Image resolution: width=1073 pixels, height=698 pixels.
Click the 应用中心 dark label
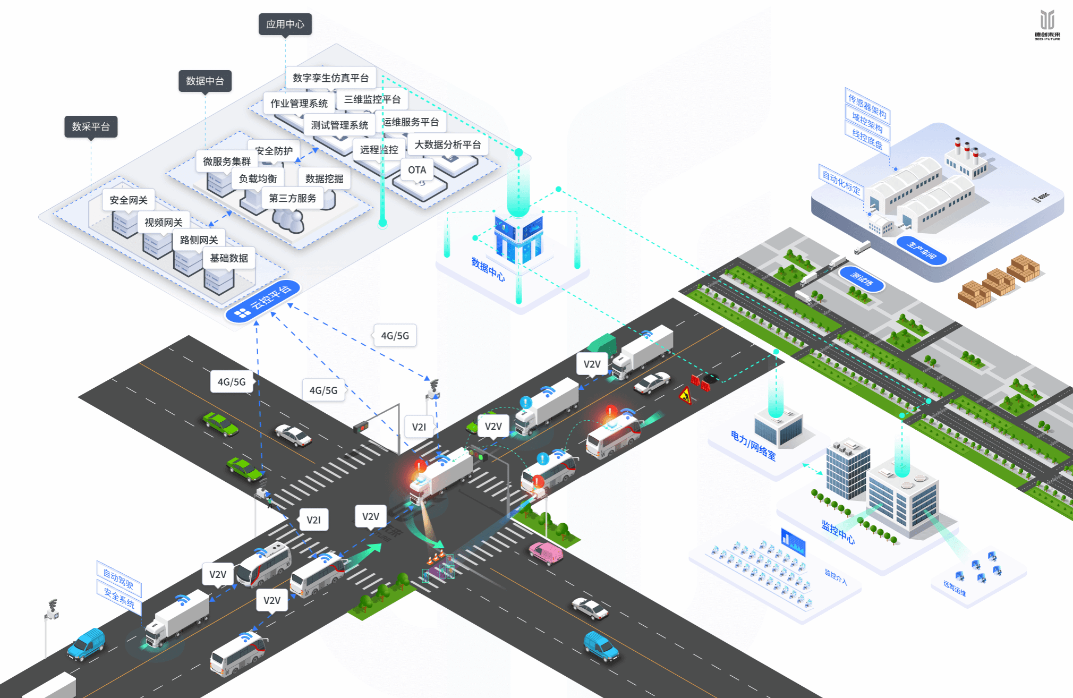pos(285,24)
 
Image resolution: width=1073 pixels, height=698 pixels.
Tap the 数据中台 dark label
pos(205,81)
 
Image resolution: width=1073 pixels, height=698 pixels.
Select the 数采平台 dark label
pos(91,127)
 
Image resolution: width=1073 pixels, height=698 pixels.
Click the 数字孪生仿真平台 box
pos(330,78)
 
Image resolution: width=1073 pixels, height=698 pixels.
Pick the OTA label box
pos(417,170)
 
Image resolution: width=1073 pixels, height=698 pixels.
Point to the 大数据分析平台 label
pos(447,144)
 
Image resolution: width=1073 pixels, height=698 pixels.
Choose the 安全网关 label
pos(129,200)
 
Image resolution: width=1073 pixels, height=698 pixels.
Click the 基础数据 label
pos(229,258)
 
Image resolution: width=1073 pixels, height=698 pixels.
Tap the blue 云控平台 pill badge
pos(263,301)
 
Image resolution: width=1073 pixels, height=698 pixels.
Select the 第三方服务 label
pos(293,198)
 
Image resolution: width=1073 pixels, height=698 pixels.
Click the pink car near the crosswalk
pos(546,553)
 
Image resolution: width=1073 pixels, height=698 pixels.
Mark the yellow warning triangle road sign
pos(685,396)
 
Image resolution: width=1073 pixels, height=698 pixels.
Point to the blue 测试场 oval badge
pos(862,278)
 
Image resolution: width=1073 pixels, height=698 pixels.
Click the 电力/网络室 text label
pos(753,445)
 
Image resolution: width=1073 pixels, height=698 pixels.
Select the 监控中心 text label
pos(838,532)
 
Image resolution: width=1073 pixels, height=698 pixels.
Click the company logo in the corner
pos(1047,24)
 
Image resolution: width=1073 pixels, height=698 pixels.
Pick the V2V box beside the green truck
pos(592,364)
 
